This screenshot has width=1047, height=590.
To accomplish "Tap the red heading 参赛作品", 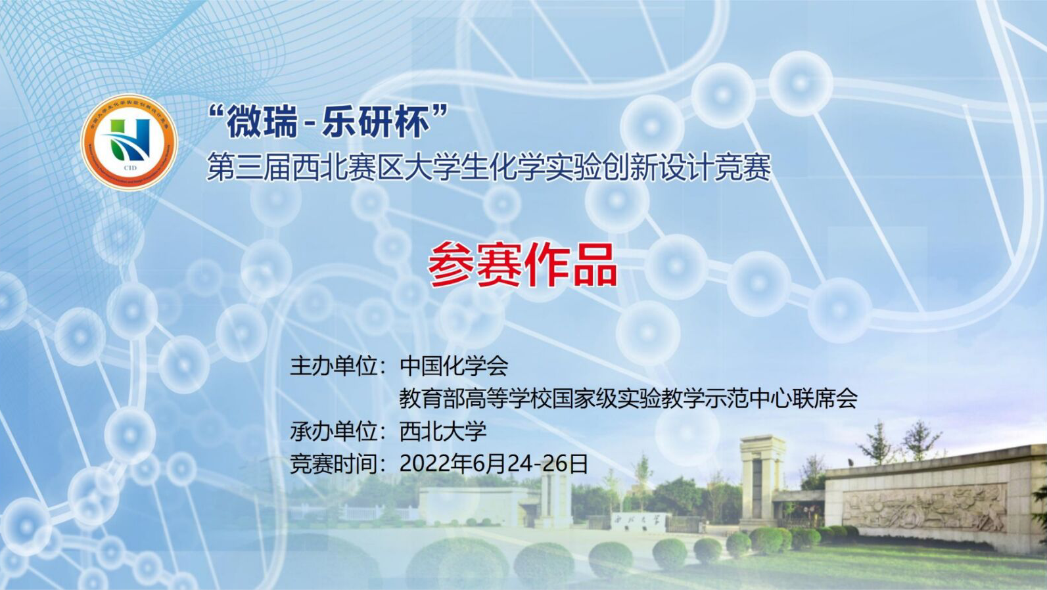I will pos(523,265).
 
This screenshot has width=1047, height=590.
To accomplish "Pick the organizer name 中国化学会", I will pos(454,365).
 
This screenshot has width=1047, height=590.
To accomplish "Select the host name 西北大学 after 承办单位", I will pos(442,432).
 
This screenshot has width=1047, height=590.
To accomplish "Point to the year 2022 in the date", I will pos(424,464).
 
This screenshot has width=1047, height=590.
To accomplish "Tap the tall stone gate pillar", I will pos(762,486).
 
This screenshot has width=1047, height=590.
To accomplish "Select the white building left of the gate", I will pos(469,506).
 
